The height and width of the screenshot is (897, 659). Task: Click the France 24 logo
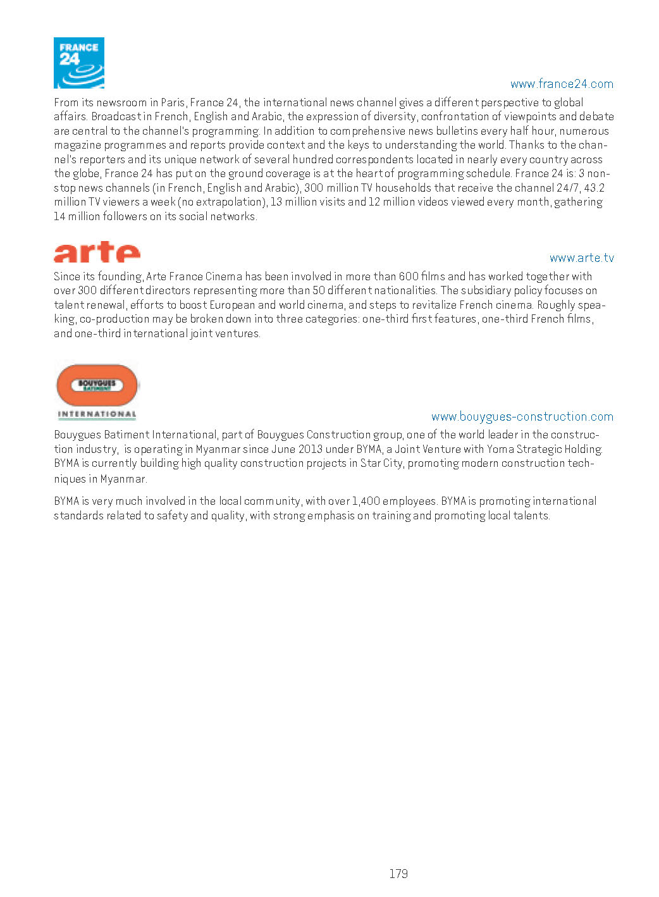click(79, 63)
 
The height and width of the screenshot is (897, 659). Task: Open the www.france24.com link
click(562, 84)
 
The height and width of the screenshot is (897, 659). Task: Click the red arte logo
click(97, 252)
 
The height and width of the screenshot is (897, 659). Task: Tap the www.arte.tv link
click(581, 258)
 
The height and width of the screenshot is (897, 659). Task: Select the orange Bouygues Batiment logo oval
click(97, 385)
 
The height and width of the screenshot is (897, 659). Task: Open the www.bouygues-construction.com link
click(522, 417)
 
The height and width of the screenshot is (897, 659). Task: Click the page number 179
click(398, 874)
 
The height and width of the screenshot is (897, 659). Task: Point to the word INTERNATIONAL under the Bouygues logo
click(97, 414)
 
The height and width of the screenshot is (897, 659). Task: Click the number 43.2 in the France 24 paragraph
click(594, 188)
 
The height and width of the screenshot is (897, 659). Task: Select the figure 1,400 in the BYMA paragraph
click(366, 501)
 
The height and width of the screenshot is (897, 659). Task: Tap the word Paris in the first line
click(173, 102)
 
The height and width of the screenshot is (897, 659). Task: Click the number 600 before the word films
click(409, 276)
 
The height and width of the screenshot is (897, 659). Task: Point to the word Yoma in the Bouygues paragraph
click(500, 449)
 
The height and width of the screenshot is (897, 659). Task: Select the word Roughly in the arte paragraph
click(556, 305)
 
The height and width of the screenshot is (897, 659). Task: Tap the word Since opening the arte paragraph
click(66, 276)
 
